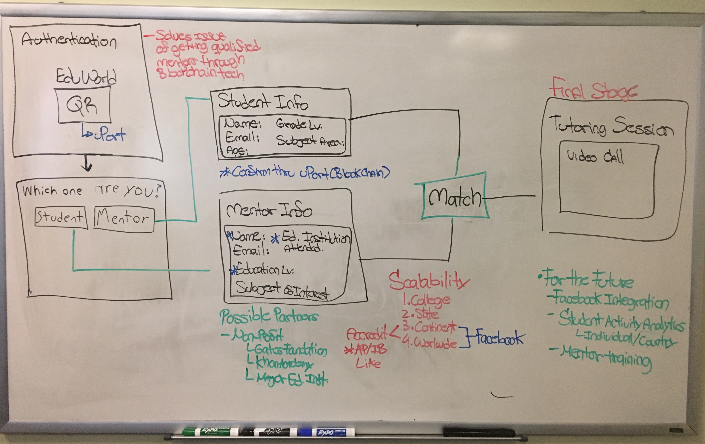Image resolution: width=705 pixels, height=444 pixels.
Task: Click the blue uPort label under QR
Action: (x=104, y=134)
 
